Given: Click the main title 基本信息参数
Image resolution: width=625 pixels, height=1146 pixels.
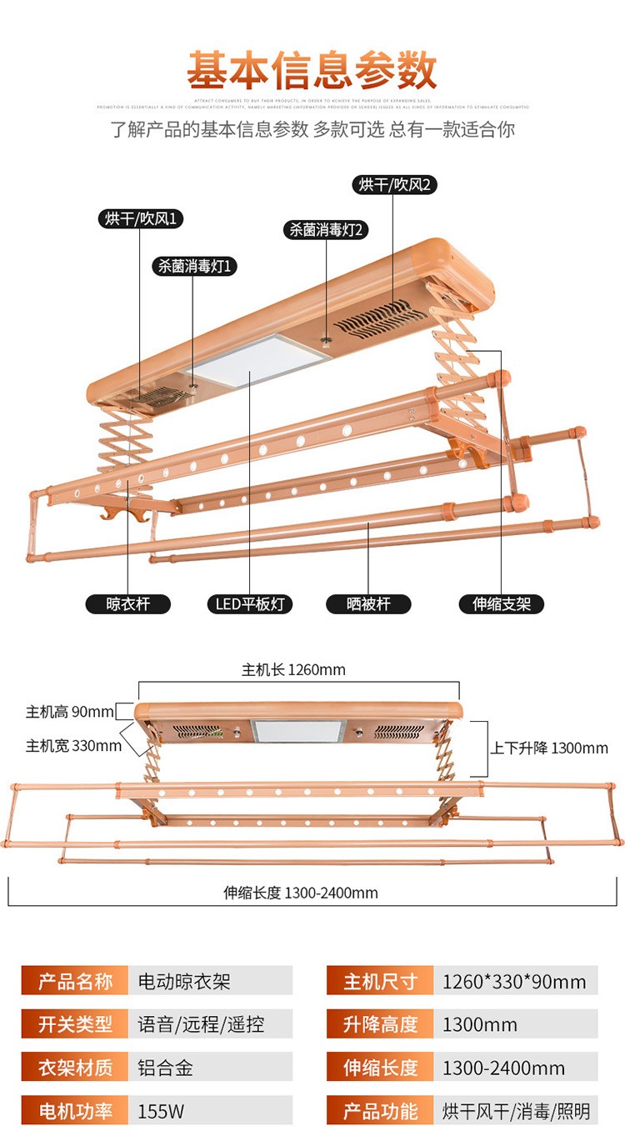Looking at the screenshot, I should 312,71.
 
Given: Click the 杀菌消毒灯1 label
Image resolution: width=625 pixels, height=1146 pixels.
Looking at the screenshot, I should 194,266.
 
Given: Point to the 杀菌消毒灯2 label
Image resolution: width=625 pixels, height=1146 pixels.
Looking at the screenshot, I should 326,230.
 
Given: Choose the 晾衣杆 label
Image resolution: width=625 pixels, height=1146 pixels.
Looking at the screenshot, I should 127,603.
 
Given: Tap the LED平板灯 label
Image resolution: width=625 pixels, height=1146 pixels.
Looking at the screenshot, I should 250,603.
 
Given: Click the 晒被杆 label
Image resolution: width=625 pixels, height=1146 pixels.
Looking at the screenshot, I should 368,603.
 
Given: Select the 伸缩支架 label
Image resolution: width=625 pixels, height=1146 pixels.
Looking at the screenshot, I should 502,603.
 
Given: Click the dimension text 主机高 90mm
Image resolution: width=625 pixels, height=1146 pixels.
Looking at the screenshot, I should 69,712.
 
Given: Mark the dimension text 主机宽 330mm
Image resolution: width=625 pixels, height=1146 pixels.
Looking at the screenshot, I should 73,744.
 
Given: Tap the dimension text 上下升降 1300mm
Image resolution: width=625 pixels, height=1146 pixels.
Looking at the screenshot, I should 549,748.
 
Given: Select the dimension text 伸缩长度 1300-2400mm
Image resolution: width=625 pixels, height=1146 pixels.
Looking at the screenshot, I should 300,893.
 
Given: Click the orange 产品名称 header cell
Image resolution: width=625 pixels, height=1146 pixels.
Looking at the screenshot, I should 75,981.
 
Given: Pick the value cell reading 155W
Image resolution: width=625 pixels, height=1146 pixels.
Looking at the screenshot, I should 209,1111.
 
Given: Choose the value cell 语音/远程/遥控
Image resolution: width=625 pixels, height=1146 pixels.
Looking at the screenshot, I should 209,1024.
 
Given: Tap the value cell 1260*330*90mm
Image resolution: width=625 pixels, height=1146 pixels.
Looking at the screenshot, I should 514,981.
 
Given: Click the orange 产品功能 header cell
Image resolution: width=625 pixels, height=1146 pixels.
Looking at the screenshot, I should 380,1111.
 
